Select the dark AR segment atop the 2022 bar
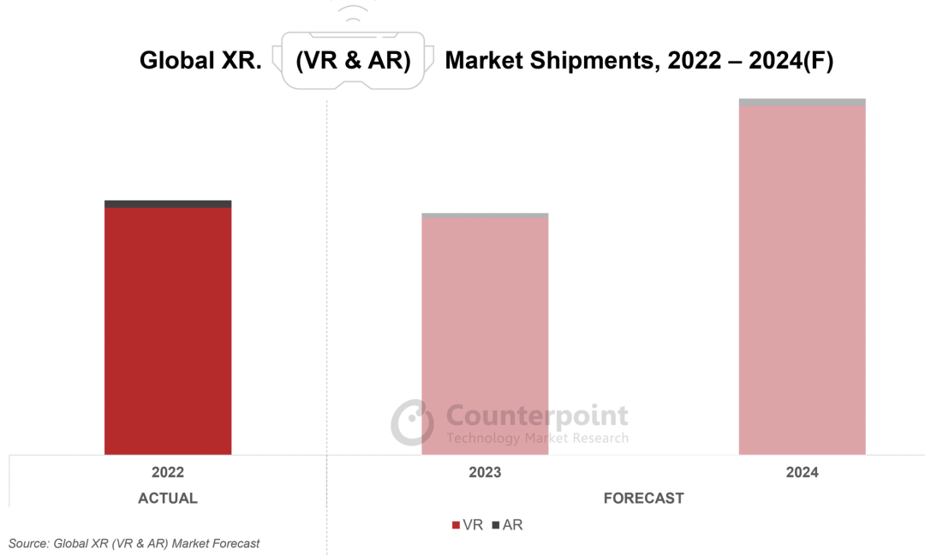(168, 204)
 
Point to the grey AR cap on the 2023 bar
(485, 215)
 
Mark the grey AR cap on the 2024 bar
(802, 102)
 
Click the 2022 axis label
(168, 473)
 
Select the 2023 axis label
(485, 473)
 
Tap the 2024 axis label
(802, 473)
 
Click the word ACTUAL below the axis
(168, 499)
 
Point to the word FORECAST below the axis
(643, 499)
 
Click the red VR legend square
(456, 525)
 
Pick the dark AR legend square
(496, 525)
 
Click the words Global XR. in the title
(200, 61)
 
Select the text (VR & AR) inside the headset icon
(353, 61)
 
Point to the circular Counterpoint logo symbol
(413, 421)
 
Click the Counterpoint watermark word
(537, 416)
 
